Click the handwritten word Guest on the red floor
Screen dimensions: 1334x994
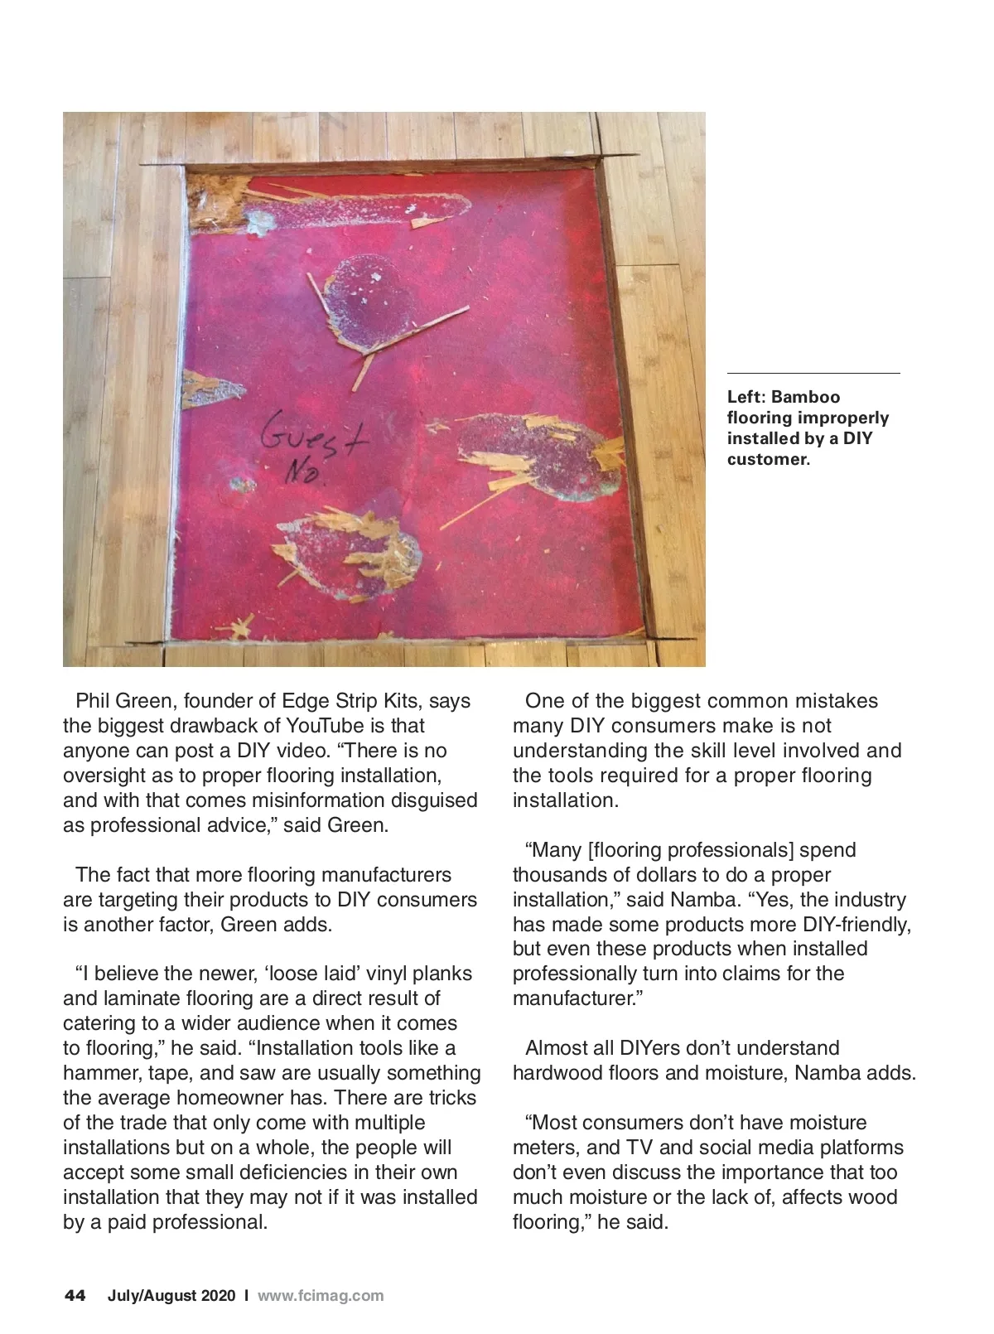[313, 440]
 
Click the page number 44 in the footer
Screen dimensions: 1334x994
[75, 1296]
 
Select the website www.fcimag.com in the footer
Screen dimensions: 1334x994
[321, 1296]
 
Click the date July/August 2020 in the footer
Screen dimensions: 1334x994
[171, 1296]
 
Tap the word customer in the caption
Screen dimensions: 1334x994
[767, 460]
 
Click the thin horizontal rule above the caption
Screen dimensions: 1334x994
[813, 374]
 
